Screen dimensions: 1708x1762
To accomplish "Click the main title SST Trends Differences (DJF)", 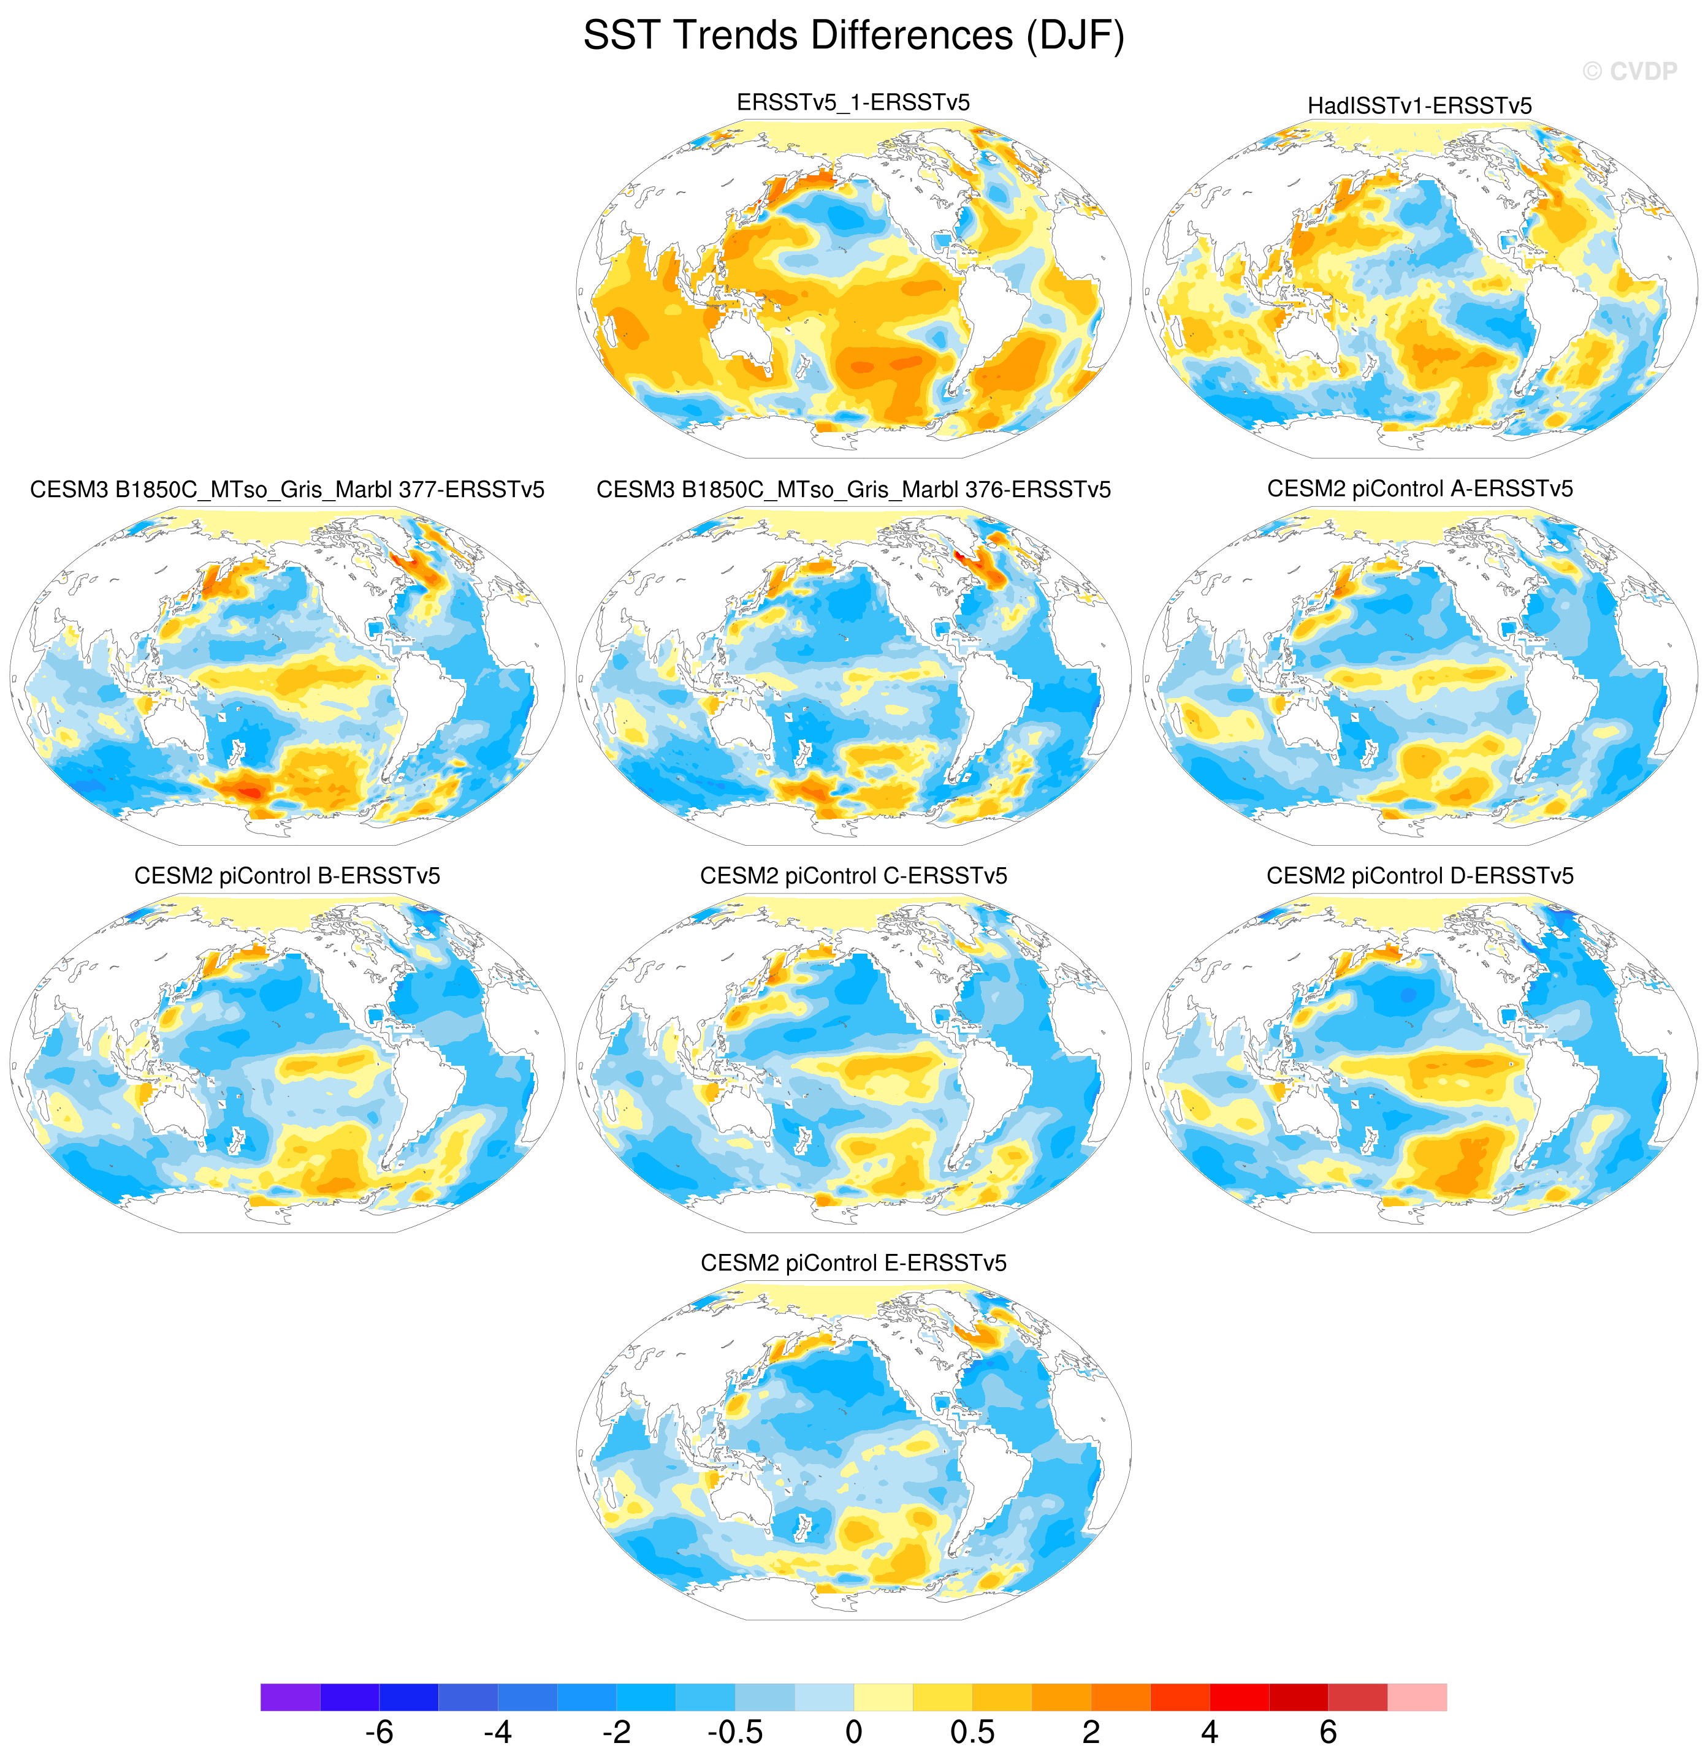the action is point(853,37).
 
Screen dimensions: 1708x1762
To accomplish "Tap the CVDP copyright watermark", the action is point(1629,71).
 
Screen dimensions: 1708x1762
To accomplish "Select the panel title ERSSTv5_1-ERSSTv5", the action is point(853,102).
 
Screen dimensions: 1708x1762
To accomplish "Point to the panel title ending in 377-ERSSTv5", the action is point(287,490).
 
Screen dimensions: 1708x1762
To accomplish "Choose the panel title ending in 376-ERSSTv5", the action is point(853,490).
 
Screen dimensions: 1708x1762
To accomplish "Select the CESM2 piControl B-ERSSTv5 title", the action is point(287,876).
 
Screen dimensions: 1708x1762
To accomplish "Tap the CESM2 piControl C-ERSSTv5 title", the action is point(853,876).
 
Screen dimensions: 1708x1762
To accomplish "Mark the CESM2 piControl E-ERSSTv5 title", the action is point(853,1263).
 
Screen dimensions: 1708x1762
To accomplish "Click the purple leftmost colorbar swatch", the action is point(291,1697).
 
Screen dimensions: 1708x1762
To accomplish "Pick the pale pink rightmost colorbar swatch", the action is point(1417,1697).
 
